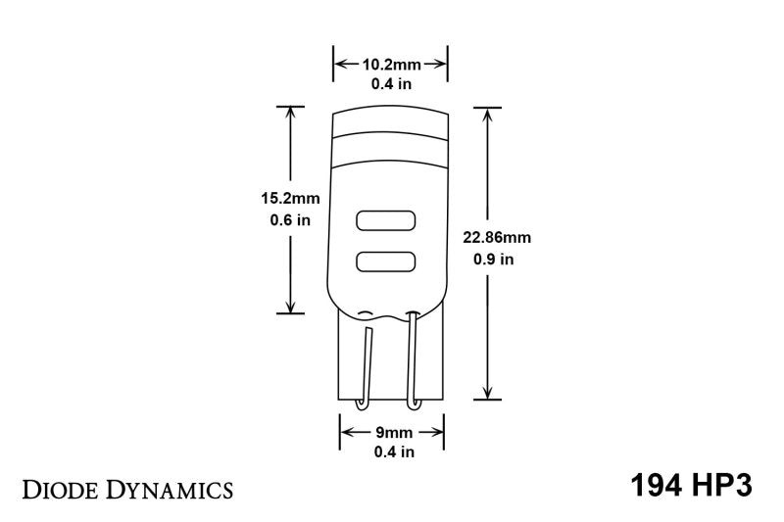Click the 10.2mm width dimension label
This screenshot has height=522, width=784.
click(392, 65)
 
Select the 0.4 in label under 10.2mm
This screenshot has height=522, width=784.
click(392, 84)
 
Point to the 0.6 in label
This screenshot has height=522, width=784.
click(290, 220)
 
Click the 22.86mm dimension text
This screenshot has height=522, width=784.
click(497, 237)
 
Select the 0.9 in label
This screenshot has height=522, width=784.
click(493, 260)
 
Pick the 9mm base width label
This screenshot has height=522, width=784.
click(392, 431)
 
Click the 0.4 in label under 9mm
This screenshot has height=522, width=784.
click(392, 451)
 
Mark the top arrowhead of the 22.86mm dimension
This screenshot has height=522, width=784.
click(487, 112)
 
